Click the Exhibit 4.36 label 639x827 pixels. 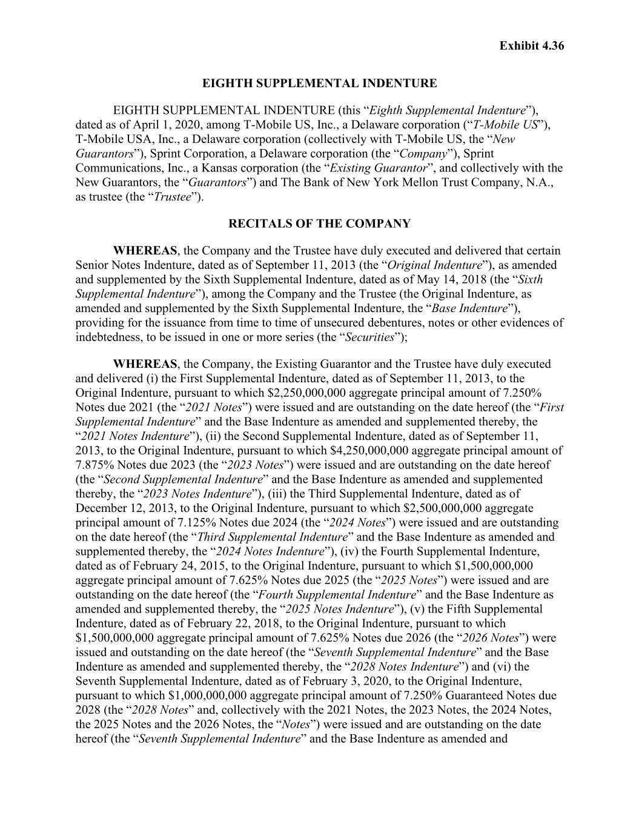click(531, 45)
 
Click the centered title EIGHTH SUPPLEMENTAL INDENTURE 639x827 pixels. click(319, 83)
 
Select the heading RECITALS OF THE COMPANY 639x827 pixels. click(319, 224)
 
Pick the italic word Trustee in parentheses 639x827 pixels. click(173, 196)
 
